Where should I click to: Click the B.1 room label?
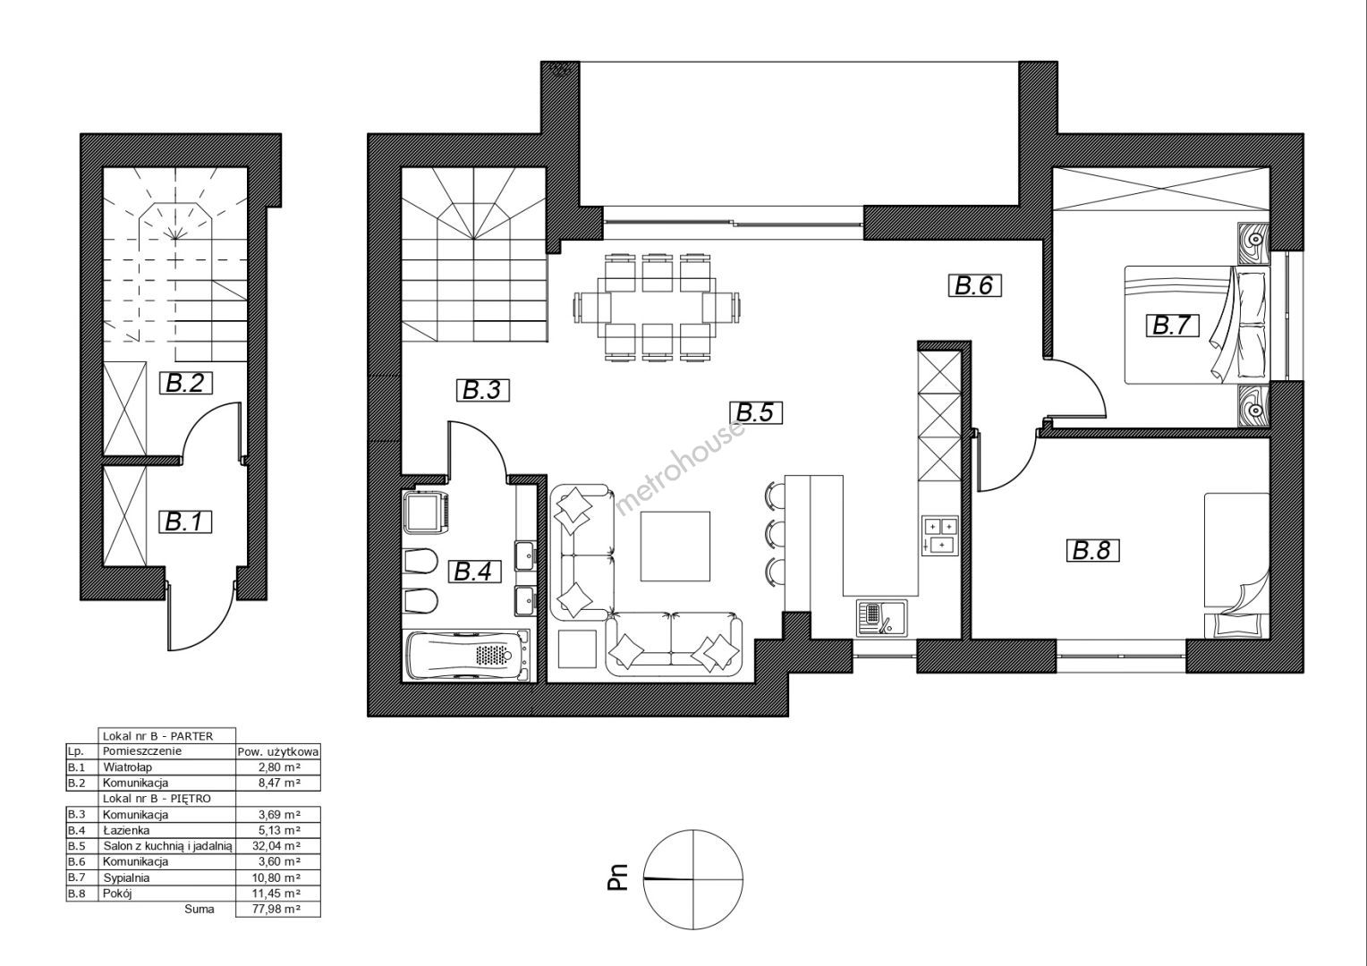pyautogui.click(x=188, y=522)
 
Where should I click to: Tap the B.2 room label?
pyautogui.click(x=188, y=383)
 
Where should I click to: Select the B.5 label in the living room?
pyautogui.click(x=755, y=412)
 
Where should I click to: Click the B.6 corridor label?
pyautogui.click(x=974, y=286)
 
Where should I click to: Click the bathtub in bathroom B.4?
pyautogui.click(x=467, y=656)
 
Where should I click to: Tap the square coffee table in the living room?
pyautogui.click(x=675, y=547)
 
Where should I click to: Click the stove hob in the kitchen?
pyautogui.click(x=939, y=535)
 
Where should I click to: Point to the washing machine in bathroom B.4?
pyautogui.click(x=428, y=512)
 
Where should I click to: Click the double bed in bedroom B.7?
pyautogui.click(x=1196, y=325)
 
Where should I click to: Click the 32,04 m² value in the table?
pyautogui.click(x=277, y=846)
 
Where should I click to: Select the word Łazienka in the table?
pyautogui.click(x=126, y=830)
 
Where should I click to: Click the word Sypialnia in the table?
pyautogui.click(x=126, y=878)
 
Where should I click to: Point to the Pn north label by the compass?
pyautogui.click(x=619, y=877)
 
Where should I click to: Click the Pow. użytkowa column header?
pyautogui.click(x=277, y=752)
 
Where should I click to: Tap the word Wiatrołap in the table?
pyautogui.click(x=128, y=767)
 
